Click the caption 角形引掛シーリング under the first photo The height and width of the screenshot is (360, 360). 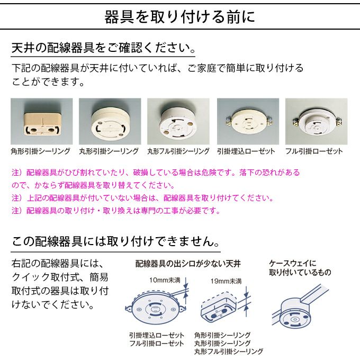[x=41, y=151]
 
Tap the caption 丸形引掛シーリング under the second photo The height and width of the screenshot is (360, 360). [x=109, y=151]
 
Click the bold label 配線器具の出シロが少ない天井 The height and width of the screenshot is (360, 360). [x=188, y=263]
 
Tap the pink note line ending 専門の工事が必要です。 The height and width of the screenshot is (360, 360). [x=115, y=210]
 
